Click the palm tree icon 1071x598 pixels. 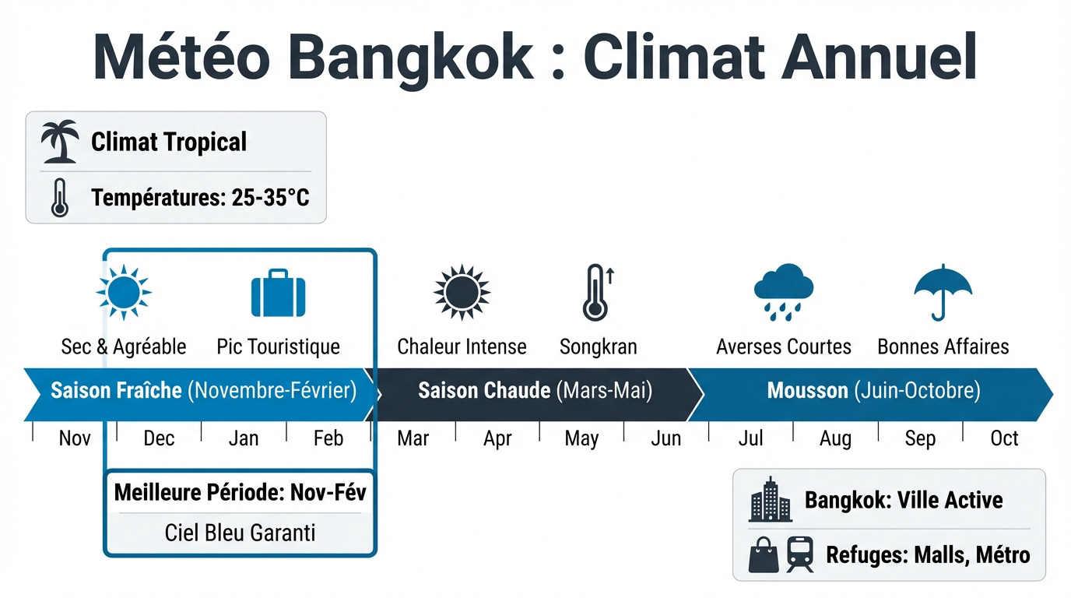(60, 142)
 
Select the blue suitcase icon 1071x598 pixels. (278, 294)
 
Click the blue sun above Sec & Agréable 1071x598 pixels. (123, 292)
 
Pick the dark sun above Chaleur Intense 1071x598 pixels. (462, 292)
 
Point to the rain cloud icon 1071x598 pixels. (783, 292)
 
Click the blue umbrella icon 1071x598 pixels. (943, 292)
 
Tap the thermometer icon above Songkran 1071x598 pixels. (596, 292)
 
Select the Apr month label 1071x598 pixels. (497, 438)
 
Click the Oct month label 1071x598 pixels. (1004, 438)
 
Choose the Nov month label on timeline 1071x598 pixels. (75, 438)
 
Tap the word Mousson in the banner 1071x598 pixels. (807, 390)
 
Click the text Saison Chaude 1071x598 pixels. (484, 390)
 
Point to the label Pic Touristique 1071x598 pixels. (278, 346)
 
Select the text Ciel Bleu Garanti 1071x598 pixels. (240, 533)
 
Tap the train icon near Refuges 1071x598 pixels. (800, 555)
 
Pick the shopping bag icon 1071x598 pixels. (764, 555)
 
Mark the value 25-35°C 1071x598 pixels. (270, 198)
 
